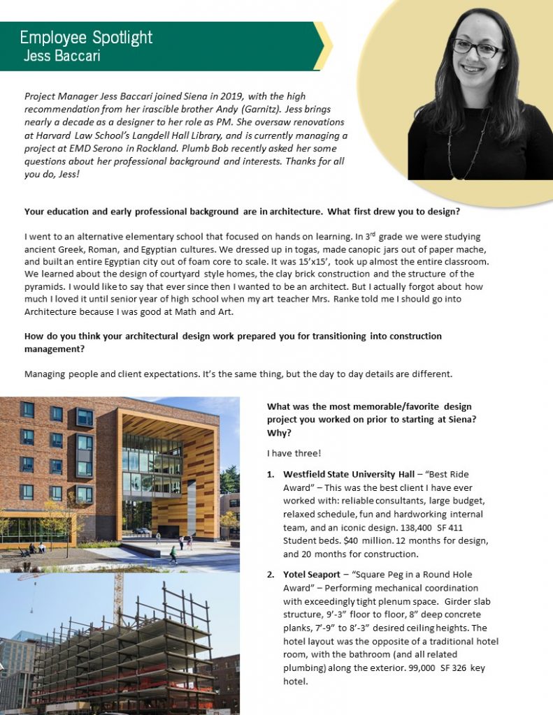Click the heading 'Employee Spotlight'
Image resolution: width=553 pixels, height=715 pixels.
pos(86,38)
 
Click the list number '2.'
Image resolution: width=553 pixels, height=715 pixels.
pos(271,575)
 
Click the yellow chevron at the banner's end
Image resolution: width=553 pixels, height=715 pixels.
pos(323,46)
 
